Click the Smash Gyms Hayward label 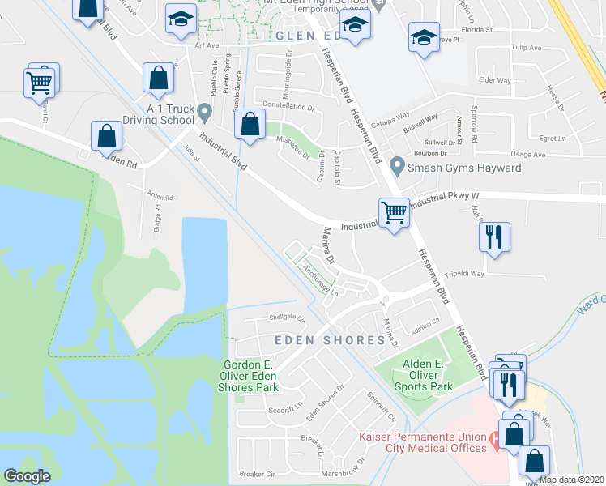(x=464, y=168)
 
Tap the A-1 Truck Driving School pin (x=204, y=111)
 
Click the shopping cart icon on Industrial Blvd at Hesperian (x=394, y=214)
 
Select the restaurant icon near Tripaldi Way (x=494, y=237)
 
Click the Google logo (x=27, y=476)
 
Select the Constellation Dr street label (x=288, y=106)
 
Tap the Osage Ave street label (x=527, y=154)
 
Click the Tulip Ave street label (x=524, y=48)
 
